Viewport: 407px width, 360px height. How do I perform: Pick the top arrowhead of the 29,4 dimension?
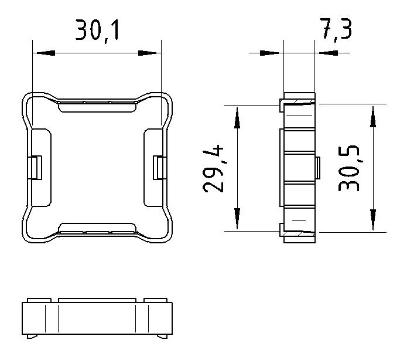point(237,117)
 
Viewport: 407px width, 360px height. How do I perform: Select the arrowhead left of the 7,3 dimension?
point(272,53)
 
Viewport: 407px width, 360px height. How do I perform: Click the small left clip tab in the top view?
point(36,168)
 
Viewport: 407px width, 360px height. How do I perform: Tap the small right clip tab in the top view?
point(158,168)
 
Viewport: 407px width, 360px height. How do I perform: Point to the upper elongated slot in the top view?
point(97,106)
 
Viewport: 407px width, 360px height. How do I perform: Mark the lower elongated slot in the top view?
point(97,228)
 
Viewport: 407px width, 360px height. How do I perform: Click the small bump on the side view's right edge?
point(317,168)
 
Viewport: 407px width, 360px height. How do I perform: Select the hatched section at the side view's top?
point(299,103)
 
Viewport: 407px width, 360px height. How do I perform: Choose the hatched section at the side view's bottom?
point(299,234)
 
